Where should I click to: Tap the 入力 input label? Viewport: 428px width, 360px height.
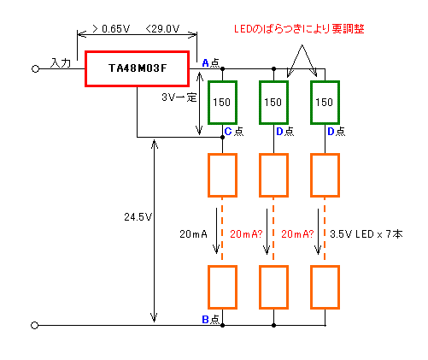(x=61, y=62)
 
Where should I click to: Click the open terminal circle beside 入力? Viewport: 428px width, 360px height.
(x=35, y=69)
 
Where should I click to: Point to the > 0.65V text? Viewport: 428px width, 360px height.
(x=111, y=29)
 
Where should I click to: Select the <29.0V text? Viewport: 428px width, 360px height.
(x=162, y=29)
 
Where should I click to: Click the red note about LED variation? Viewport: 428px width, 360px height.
(x=299, y=29)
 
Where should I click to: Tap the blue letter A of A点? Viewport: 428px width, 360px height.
(x=205, y=63)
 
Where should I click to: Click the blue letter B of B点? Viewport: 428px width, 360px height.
(x=205, y=320)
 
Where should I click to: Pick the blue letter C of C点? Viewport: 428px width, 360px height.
(x=228, y=132)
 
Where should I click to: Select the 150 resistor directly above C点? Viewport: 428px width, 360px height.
(x=222, y=103)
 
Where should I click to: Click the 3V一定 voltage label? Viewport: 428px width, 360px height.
(x=179, y=97)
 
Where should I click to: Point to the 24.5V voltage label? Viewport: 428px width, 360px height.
(x=138, y=217)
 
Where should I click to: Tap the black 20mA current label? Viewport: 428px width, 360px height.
(x=193, y=234)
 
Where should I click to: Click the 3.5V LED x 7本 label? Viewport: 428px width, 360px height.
(x=366, y=234)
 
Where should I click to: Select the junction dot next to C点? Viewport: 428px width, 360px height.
(x=222, y=137)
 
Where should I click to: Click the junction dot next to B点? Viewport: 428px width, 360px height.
(x=222, y=325)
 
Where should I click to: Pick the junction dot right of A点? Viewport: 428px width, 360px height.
(x=222, y=68)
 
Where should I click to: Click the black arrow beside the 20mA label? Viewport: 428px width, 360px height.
(x=216, y=231)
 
